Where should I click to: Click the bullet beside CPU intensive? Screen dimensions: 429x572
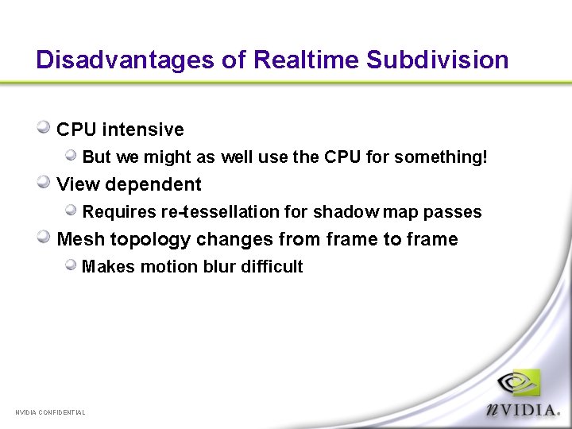click(44, 127)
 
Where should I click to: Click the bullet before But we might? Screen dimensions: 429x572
click(71, 155)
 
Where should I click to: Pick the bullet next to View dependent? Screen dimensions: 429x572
click(44, 182)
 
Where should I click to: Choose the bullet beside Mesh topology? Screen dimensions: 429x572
click(44, 237)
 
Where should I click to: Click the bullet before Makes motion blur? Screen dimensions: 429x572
click(71, 265)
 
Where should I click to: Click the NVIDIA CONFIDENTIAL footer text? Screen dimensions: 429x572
click(50, 412)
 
